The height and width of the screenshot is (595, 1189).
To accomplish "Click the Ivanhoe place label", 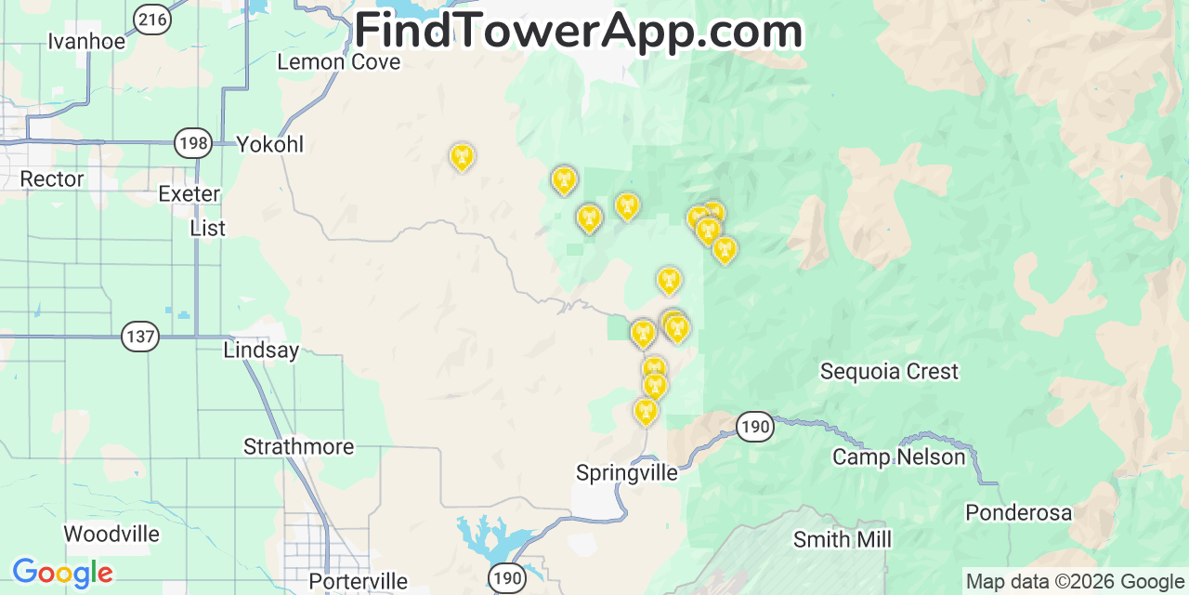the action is click(x=85, y=41).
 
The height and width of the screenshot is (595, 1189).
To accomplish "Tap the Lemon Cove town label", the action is click(x=339, y=62).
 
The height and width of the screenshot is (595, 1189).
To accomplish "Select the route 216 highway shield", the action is click(x=152, y=18).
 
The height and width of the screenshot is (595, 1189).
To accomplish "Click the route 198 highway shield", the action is click(x=192, y=143).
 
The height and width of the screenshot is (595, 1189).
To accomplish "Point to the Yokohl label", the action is click(x=270, y=144).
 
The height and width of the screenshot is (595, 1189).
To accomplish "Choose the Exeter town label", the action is click(x=189, y=193).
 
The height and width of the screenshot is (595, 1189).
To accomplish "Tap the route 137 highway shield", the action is click(x=140, y=336).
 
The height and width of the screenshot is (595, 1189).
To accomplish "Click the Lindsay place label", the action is click(x=261, y=350).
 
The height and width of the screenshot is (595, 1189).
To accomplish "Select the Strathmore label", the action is click(x=298, y=446).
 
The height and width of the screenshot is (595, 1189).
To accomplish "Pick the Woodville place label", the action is click(x=111, y=535).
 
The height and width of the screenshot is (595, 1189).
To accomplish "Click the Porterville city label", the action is click(x=358, y=582).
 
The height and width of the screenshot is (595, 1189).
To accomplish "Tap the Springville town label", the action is click(x=627, y=472).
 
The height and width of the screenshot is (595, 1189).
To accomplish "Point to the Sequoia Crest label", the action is click(x=889, y=372).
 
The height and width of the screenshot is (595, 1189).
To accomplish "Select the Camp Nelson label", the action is click(x=899, y=456).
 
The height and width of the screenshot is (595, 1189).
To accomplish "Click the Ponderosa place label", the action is click(x=1018, y=512).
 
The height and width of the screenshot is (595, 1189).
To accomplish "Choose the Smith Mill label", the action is click(x=843, y=539).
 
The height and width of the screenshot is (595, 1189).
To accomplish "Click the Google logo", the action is click(x=62, y=573).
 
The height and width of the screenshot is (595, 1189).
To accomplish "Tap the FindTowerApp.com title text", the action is click(x=578, y=32).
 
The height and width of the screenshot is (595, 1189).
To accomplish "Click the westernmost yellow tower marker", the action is click(x=462, y=157).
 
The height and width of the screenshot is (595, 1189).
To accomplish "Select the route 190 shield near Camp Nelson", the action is click(x=755, y=427).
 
